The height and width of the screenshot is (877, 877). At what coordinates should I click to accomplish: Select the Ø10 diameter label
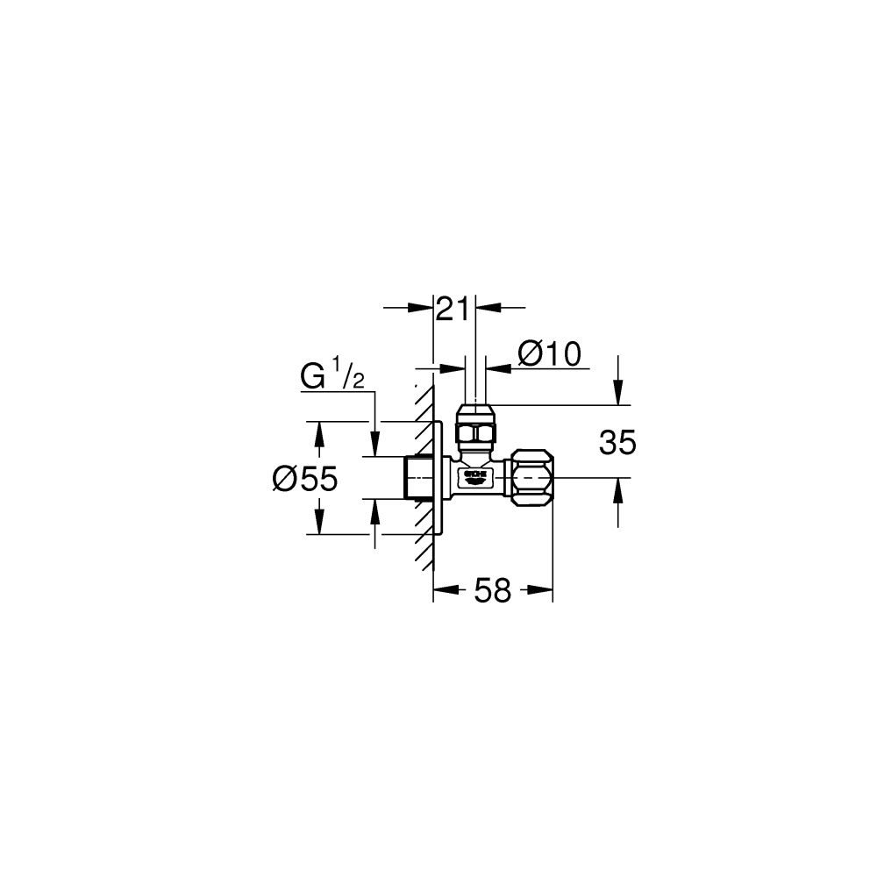549,353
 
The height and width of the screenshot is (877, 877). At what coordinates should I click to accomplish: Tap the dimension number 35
617,443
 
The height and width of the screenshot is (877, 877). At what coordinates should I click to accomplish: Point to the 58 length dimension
492,591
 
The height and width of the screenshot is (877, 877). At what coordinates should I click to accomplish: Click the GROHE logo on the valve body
474,476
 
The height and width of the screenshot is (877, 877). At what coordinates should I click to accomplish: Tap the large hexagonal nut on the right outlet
531,477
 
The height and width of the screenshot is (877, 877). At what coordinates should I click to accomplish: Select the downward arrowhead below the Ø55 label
319,524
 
